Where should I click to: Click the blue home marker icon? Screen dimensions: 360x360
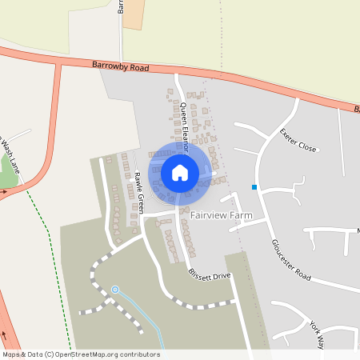pos(180,172)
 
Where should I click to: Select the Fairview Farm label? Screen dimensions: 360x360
pos(222,215)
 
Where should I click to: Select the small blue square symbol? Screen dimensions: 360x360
pos(254,187)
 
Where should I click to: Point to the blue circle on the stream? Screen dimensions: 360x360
pos(115,289)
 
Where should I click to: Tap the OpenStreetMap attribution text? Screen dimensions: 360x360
pos(80,354)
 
